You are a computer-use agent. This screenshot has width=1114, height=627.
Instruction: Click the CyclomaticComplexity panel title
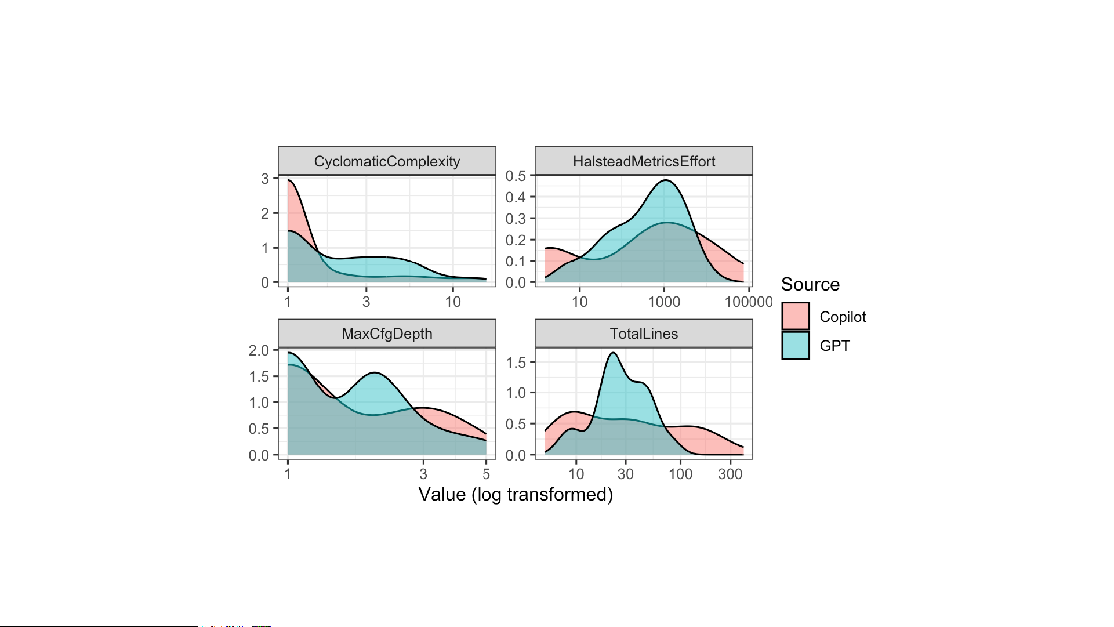tap(387, 161)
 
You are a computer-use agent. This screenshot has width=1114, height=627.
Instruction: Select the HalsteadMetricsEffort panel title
tap(644, 161)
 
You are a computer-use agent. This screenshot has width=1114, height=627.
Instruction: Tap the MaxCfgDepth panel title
tap(387, 334)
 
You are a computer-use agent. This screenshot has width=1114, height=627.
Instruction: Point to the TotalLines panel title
tap(644, 334)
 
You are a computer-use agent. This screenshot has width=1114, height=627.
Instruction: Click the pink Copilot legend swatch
tap(795, 316)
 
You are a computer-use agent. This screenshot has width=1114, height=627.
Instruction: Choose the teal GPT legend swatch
tap(795, 345)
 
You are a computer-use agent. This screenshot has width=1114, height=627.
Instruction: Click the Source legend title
tap(810, 284)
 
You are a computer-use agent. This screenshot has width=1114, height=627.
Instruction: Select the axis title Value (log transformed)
tap(516, 494)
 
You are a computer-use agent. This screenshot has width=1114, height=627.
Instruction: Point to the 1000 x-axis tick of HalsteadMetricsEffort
tap(664, 302)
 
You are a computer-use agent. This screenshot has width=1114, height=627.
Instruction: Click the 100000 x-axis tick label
tap(748, 302)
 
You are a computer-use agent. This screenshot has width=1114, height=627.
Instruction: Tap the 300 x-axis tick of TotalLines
tap(730, 474)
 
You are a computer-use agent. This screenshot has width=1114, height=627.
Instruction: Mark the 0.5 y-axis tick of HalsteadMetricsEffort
tap(516, 176)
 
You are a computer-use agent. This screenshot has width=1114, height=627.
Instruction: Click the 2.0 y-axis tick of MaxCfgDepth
tap(259, 350)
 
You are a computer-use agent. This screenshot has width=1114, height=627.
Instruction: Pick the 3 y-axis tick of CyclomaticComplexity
tap(265, 179)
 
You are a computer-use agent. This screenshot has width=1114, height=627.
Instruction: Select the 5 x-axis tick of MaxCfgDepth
tap(486, 474)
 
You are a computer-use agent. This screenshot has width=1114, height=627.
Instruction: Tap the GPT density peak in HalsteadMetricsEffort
tap(666, 180)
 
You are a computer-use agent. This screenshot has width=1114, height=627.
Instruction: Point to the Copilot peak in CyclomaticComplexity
tap(289, 180)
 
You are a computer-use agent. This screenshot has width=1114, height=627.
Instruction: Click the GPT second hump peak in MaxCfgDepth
tap(375, 372)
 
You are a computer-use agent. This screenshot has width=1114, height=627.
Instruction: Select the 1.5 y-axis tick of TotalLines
tap(516, 363)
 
